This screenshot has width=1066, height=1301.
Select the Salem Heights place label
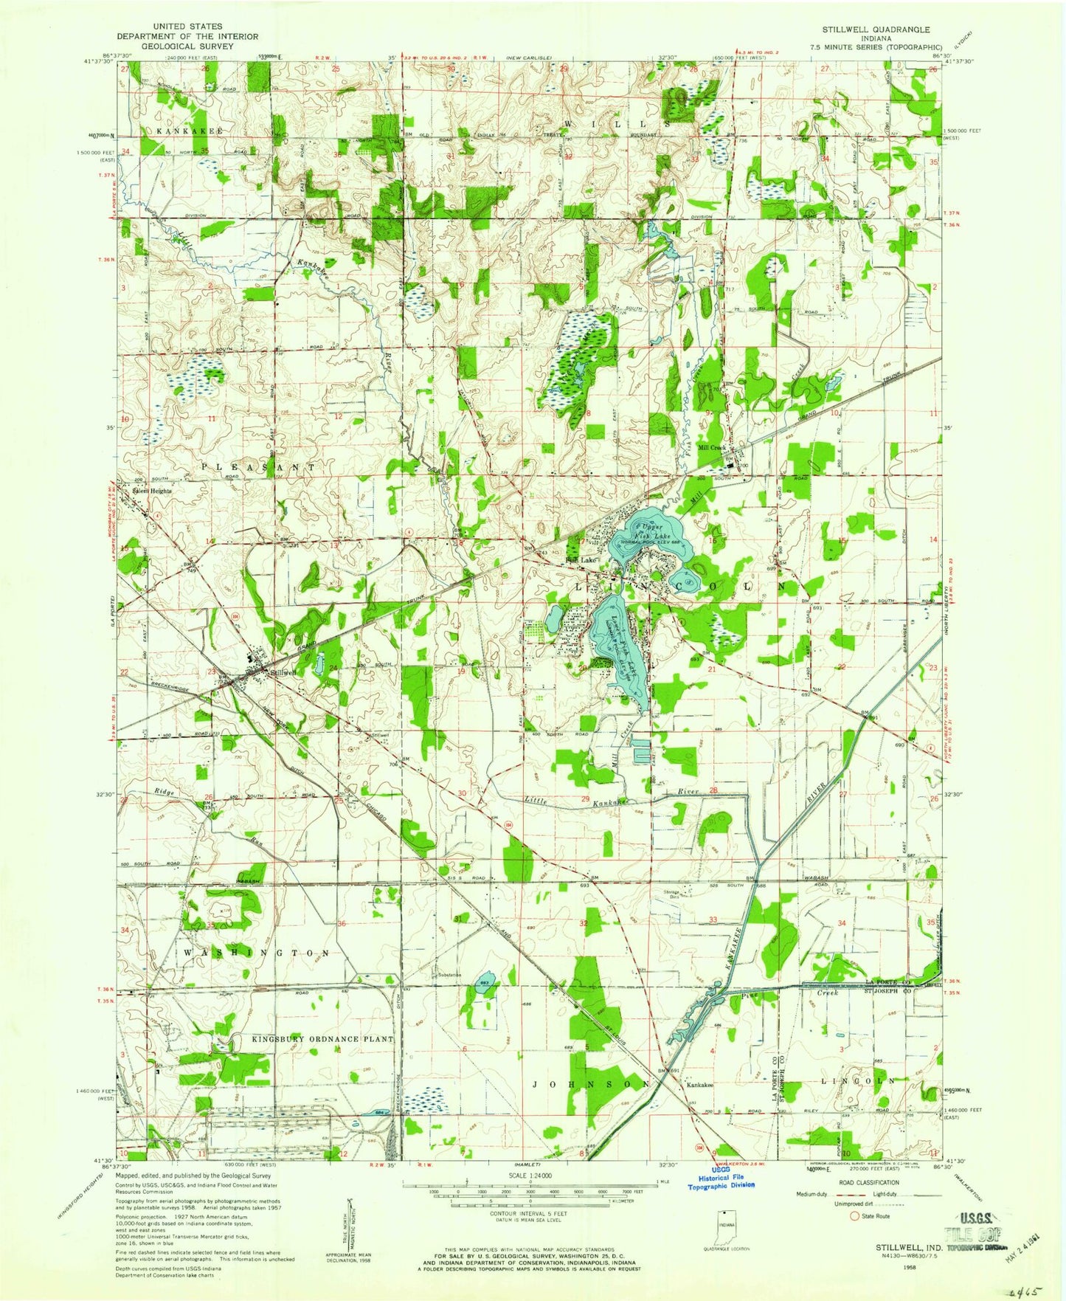click(151, 491)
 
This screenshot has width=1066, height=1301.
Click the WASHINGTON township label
click(256, 953)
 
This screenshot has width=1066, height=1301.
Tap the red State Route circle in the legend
click(856, 1215)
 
